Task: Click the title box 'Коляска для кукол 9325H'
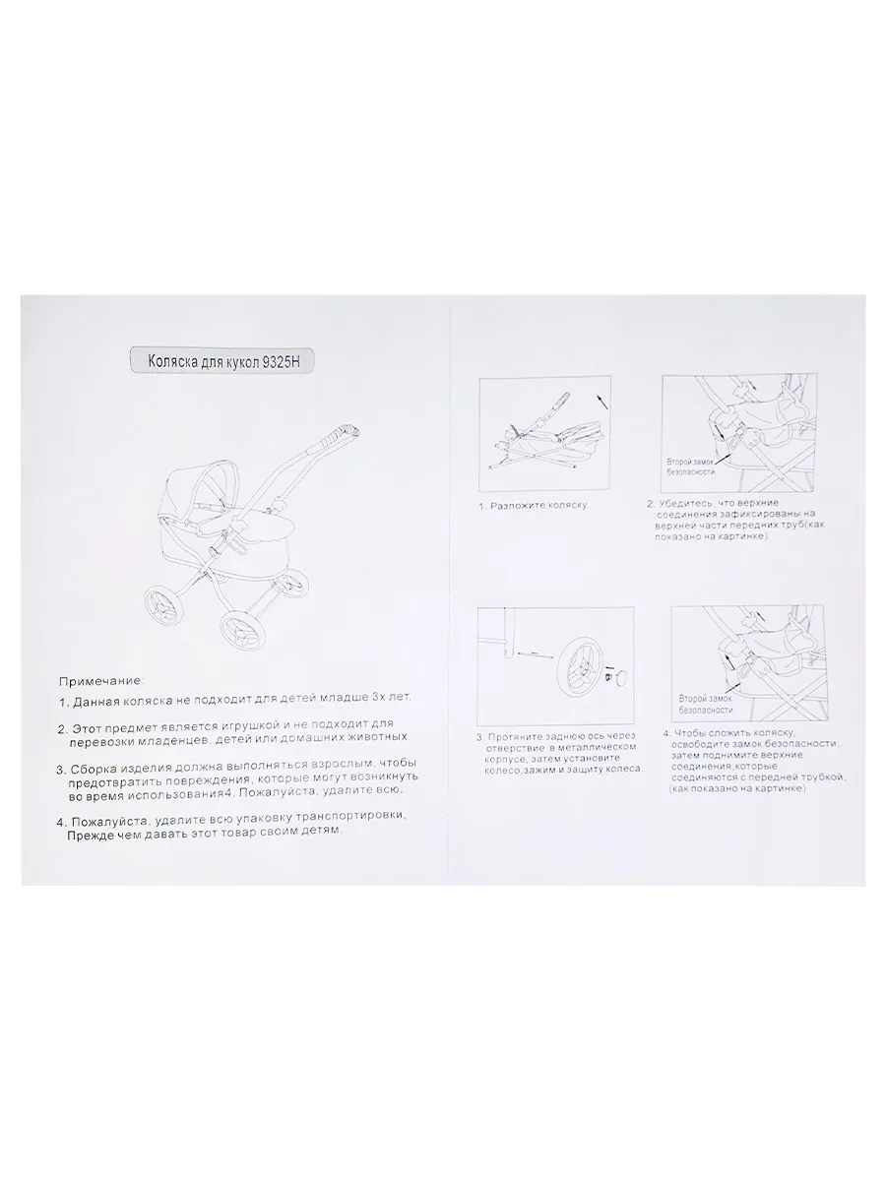click(x=222, y=360)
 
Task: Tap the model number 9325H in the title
click(x=280, y=361)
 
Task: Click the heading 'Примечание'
click(x=100, y=681)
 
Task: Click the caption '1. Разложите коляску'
click(x=533, y=506)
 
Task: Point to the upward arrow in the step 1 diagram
click(x=601, y=402)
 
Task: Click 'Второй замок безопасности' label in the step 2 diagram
click(x=691, y=466)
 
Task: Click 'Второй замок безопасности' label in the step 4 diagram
click(x=705, y=704)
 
